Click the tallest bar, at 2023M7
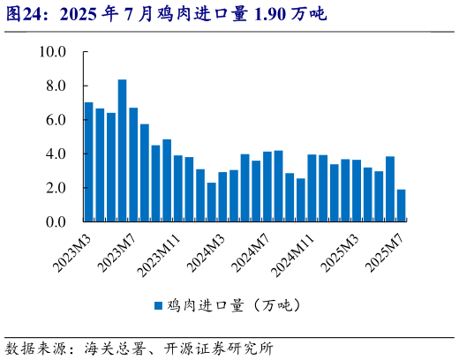[123, 151]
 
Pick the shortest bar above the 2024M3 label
[212, 202]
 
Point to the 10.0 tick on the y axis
[53, 52]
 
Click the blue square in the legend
[159, 305]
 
